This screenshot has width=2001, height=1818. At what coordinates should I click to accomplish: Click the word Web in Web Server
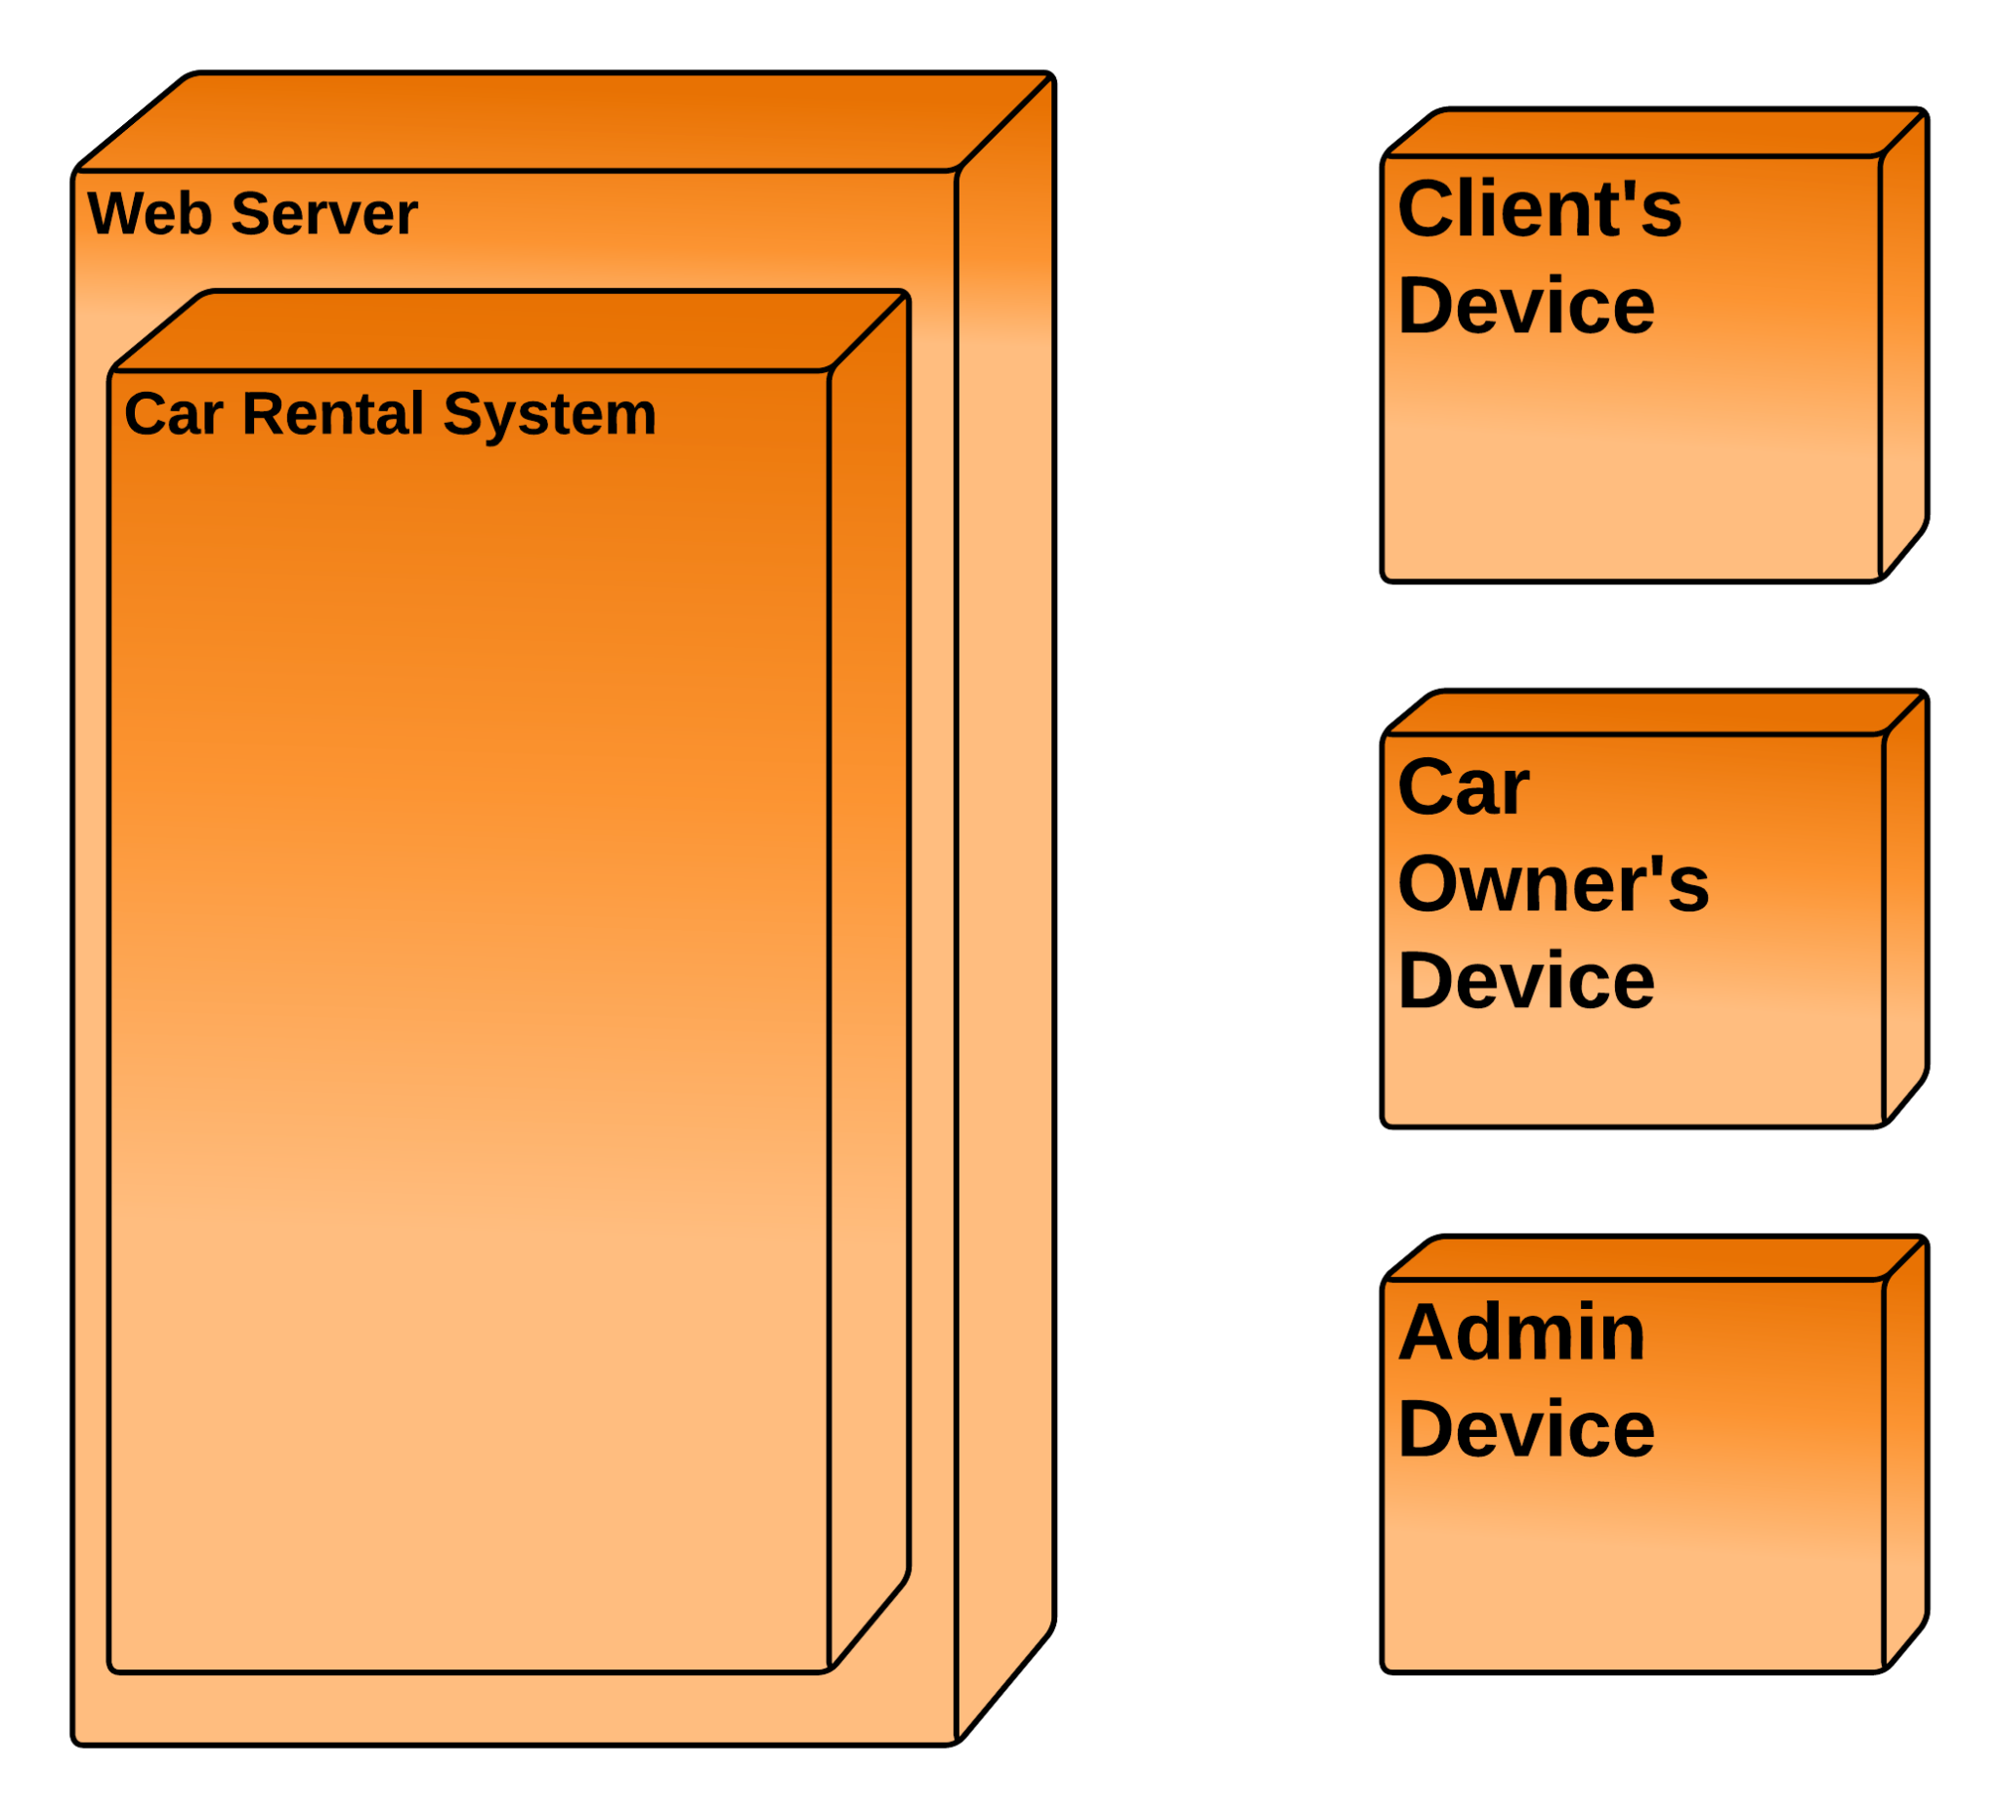pyautogui.click(x=149, y=214)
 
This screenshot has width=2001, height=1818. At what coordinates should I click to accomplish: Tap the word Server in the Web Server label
pyautogui.click(x=324, y=214)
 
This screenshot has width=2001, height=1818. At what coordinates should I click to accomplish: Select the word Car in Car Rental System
pyautogui.click(x=173, y=414)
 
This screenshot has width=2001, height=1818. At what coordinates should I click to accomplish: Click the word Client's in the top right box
pyautogui.click(x=1540, y=209)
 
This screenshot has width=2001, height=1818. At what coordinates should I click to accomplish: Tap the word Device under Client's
pyautogui.click(x=1525, y=306)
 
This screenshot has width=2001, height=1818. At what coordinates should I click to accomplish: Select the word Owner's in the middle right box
pyautogui.click(x=1553, y=884)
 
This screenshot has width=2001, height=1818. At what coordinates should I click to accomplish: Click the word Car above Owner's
pyautogui.click(x=1463, y=788)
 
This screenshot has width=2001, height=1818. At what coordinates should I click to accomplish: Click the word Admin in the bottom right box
pyautogui.click(x=1521, y=1332)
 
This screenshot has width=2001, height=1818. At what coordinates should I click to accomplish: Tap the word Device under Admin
pyautogui.click(x=1525, y=1429)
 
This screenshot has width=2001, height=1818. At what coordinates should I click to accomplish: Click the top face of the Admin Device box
pyautogui.click(x=1655, y=1259)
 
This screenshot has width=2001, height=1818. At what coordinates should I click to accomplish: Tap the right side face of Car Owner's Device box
pyautogui.click(x=1904, y=908)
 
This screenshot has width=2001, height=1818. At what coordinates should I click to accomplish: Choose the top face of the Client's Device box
pyautogui.click(x=1655, y=134)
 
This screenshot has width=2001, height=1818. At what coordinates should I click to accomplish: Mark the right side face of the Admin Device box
pyautogui.click(x=1904, y=1454)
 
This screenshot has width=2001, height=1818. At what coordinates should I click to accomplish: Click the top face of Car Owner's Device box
pyautogui.click(x=1655, y=714)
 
